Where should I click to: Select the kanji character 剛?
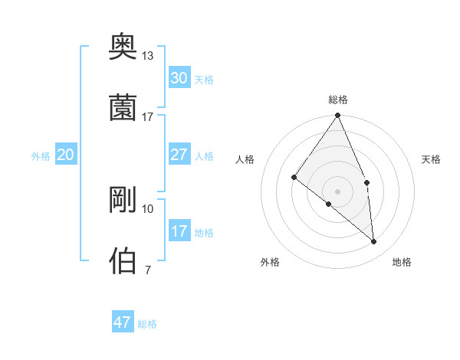tap(123, 201)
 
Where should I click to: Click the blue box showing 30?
tap(179, 77)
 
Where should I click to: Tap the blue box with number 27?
tap(179, 155)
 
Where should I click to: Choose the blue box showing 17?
tap(179, 231)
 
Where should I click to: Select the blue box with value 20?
tap(66, 155)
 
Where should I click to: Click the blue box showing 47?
tap(123, 322)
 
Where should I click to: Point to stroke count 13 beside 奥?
tap(148, 56)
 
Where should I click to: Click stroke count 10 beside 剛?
tap(148, 208)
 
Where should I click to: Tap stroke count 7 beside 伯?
tap(147, 269)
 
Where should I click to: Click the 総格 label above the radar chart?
tap(338, 100)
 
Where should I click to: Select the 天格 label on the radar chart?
tap(432, 159)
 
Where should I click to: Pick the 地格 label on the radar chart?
tap(402, 262)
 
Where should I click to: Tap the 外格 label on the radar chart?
tap(270, 262)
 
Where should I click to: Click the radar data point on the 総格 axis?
tap(337, 116)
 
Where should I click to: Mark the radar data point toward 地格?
tap(374, 241)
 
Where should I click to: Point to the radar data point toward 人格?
tap(294, 177)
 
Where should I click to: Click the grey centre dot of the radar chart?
tap(337, 191)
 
